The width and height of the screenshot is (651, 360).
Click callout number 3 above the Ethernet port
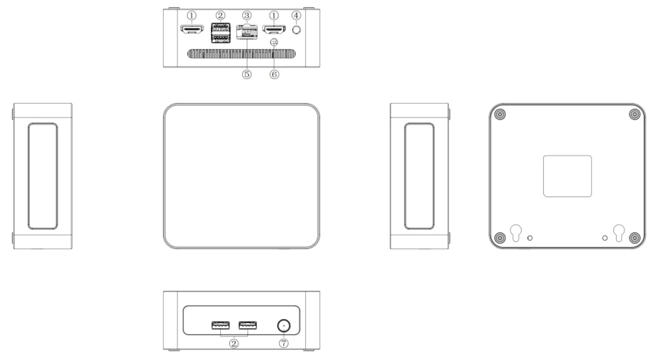tap(247, 16)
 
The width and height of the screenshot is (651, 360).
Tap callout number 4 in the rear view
tap(296, 16)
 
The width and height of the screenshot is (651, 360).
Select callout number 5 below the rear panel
tap(247, 75)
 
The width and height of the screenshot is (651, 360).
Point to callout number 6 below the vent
tap(274, 75)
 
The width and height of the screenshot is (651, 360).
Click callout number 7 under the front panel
tap(283, 344)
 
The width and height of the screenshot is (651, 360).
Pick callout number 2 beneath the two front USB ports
tap(234, 344)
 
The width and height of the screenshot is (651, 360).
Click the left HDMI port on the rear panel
tap(192, 30)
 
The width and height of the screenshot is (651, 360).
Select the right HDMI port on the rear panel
tap(274, 30)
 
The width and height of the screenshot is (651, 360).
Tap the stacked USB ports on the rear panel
tap(220, 33)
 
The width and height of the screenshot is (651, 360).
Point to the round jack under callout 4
tap(296, 30)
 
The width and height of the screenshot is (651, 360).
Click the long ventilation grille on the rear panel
tap(241, 54)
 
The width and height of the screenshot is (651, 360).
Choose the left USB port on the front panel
tap(221, 325)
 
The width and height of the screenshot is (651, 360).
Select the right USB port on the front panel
tap(247, 325)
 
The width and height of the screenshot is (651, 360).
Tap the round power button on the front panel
tap(283, 325)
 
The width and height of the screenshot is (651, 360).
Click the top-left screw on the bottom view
tap(500, 115)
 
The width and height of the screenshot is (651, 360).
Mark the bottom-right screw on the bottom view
tap(635, 238)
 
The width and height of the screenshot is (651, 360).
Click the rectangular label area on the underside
tap(567, 176)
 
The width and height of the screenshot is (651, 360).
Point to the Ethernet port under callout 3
tap(247, 33)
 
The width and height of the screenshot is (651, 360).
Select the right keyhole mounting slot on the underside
tap(619, 233)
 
